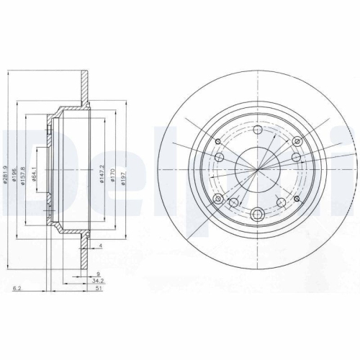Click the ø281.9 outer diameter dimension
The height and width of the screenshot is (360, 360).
pyautogui.click(x=6, y=170)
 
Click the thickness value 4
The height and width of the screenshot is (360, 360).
pyautogui.click(x=102, y=247)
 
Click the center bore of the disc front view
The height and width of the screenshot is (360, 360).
pyautogui.click(x=258, y=168)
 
